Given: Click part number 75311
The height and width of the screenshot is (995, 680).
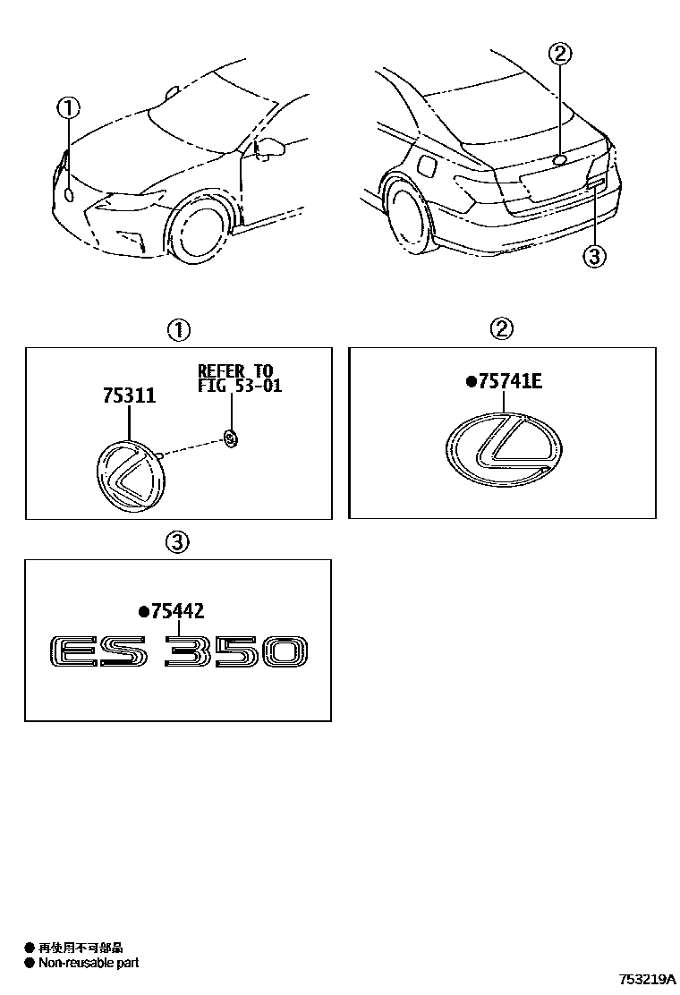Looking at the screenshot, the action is [129, 395].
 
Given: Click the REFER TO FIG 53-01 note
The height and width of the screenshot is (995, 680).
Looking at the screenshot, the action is [239, 378].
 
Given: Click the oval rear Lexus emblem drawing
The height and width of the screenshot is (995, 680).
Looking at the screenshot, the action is [504, 449].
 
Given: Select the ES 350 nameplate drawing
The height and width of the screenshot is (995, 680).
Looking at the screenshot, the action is [178, 651].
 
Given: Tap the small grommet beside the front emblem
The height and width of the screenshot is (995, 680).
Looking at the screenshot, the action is [230, 438].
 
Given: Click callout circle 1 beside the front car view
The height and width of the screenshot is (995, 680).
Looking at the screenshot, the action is [69, 108].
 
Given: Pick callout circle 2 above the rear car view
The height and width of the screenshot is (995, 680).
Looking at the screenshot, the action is [560, 54].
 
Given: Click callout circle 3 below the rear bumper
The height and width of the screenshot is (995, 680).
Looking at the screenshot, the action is [594, 257].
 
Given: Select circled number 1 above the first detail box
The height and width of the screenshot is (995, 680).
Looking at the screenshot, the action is [178, 329].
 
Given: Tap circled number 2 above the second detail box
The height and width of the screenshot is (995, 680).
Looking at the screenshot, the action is [502, 328].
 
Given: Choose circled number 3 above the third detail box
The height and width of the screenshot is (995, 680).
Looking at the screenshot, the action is [177, 542].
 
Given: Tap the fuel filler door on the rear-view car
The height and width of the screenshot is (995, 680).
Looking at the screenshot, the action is [427, 166].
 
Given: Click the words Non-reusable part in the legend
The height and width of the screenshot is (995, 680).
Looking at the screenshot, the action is [89, 963].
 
